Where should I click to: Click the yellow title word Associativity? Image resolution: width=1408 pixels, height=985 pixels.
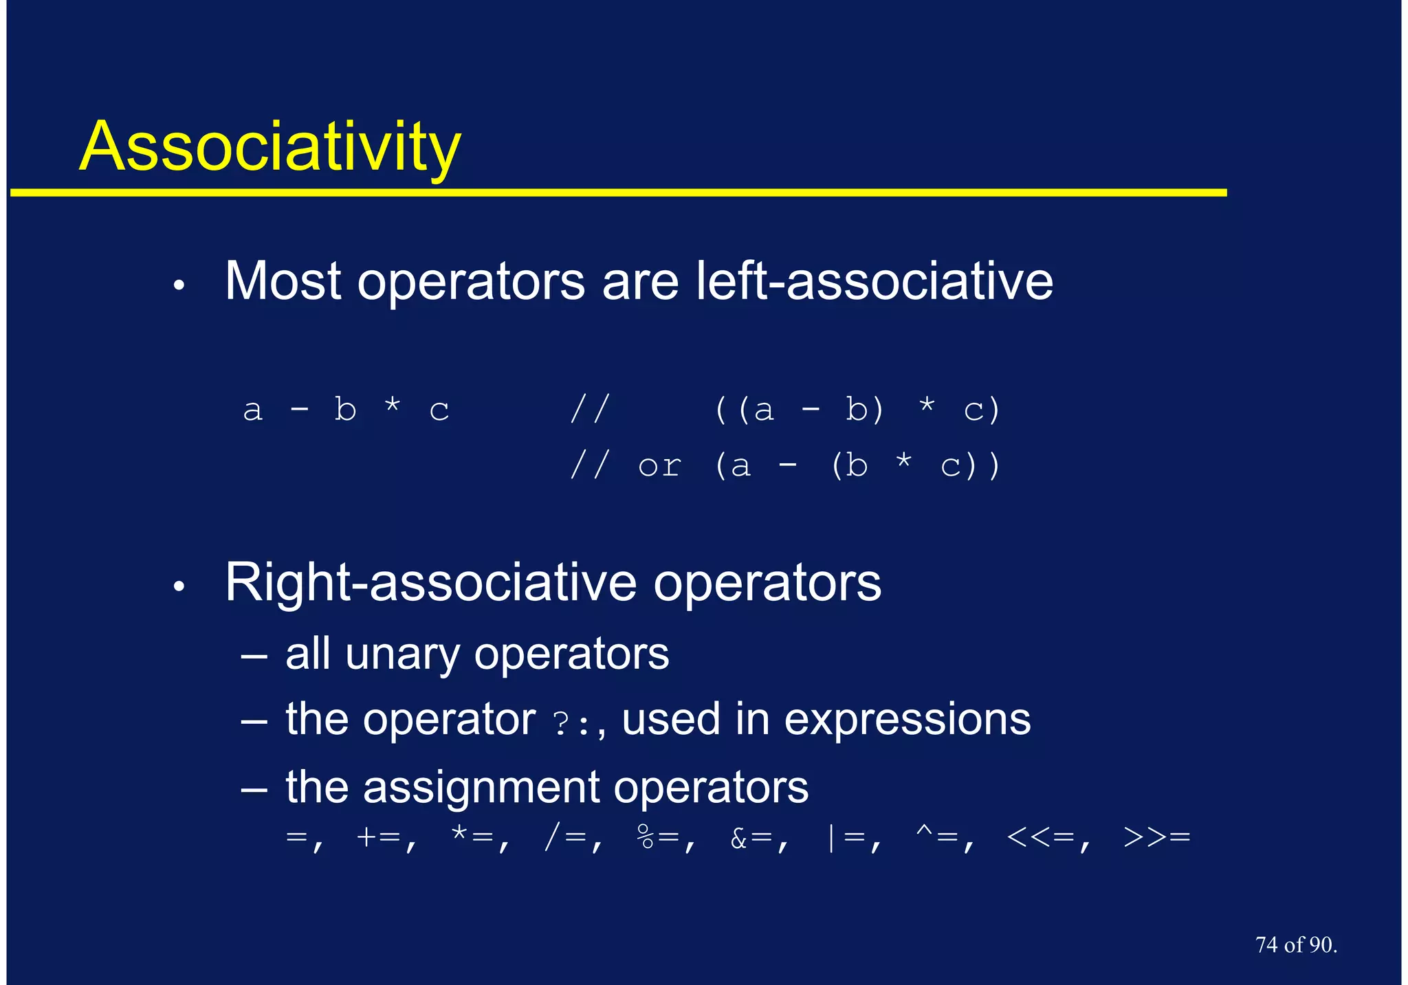(x=269, y=146)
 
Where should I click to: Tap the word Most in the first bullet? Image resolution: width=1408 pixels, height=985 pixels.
(x=283, y=281)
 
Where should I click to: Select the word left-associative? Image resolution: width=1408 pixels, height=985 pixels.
(x=874, y=281)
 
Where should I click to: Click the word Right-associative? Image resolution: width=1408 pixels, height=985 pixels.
(x=430, y=582)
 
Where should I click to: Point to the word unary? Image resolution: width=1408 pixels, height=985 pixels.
(x=401, y=654)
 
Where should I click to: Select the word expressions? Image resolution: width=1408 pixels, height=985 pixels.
(x=907, y=720)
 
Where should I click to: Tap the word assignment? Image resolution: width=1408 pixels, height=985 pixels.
(x=481, y=787)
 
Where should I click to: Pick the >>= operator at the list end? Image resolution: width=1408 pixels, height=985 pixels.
(x=1156, y=838)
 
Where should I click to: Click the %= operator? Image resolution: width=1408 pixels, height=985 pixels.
(x=657, y=838)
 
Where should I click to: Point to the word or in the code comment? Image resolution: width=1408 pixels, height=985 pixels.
(x=659, y=467)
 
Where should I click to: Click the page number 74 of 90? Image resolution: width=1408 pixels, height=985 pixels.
(x=1295, y=945)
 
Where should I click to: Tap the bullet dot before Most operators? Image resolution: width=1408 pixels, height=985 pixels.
(x=179, y=285)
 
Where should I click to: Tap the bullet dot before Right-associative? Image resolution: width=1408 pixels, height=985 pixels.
(x=179, y=586)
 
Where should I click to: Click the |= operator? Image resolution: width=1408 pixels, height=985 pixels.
(x=844, y=838)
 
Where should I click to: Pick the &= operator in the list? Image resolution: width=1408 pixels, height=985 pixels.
(x=751, y=838)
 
